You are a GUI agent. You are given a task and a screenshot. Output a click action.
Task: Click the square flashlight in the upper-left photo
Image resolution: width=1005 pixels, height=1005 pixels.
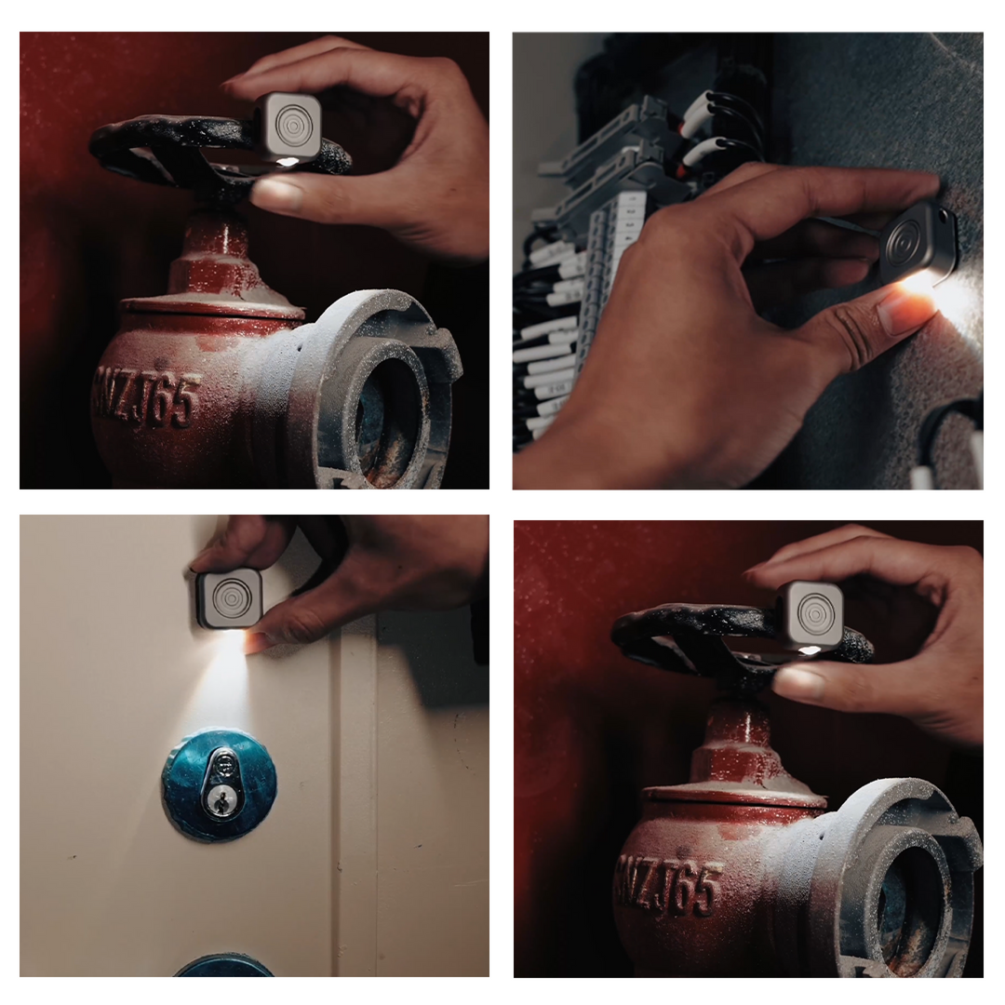click(288, 127)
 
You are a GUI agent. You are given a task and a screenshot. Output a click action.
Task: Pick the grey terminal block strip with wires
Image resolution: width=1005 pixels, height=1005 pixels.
click(596, 279)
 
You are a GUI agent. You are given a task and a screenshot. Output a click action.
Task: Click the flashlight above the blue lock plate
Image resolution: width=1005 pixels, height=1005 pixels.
click(228, 599)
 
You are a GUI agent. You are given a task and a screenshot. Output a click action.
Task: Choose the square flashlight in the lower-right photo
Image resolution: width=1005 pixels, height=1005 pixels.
click(811, 614)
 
